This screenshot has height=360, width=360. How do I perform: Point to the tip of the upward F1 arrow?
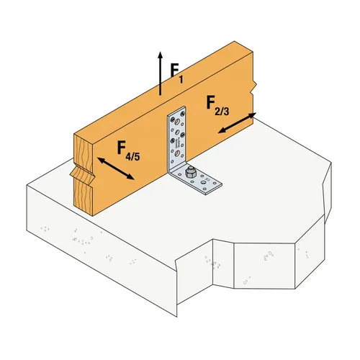160,53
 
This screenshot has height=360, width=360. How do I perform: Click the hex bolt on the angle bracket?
189,173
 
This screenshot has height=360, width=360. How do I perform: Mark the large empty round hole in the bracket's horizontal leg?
211,189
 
